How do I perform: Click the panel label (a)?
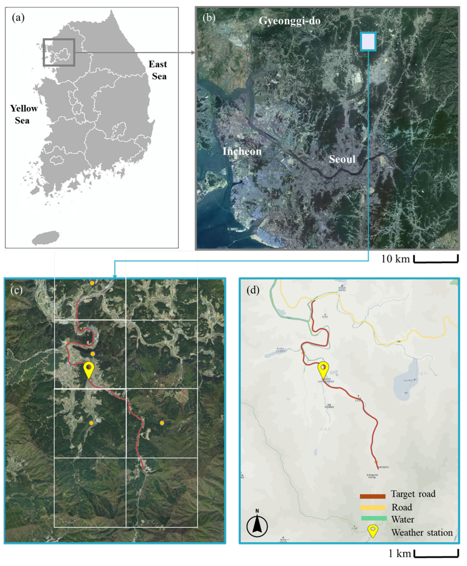pyautogui.click(x=18, y=18)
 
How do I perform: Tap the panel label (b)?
pyautogui.click(x=209, y=18)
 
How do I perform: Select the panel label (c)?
pyautogui.click(x=16, y=290)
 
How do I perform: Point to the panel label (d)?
pyautogui.click(x=253, y=290)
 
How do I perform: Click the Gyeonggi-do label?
pyautogui.click(x=289, y=21)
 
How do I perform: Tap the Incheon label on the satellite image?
pyautogui.click(x=242, y=151)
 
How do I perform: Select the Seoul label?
pyautogui.click(x=342, y=159)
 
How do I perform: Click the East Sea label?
pyautogui.click(x=158, y=70)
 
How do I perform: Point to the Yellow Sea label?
pyautogui.click(x=24, y=114)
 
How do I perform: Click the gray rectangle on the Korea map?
pyautogui.click(x=59, y=52)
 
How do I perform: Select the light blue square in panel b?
pyautogui.click(x=368, y=41)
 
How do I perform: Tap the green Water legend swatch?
pyautogui.click(x=374, y=518)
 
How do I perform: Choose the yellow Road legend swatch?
pyautogui.click(x=373, y=507)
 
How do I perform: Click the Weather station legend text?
pyautogui.click(x=422, y=532)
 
